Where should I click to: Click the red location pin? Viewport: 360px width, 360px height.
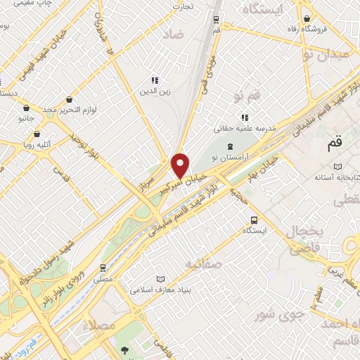point(181,165)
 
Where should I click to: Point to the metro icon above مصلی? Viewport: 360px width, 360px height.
point(103,267)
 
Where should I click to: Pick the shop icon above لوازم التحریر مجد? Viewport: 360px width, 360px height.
point(69,100)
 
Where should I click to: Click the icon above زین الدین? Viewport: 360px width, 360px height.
point(155,80)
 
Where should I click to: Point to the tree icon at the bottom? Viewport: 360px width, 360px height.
point(124,349)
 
